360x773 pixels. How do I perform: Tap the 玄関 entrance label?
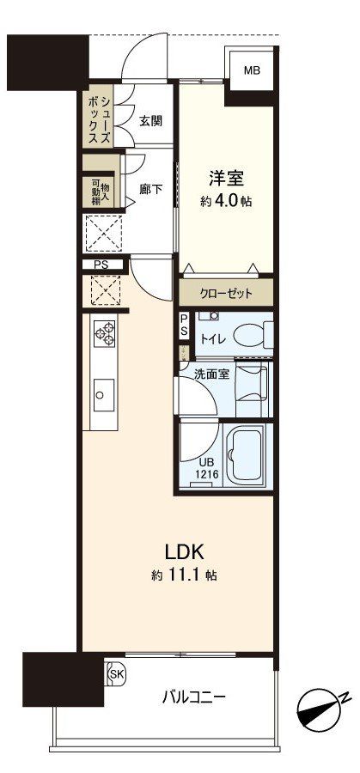(150, 121)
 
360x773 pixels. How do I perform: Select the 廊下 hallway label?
(150, 190)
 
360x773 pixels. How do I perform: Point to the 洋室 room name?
(226, 180)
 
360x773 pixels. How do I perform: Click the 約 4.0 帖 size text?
(226, 203)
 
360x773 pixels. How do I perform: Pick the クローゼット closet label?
(227, 293)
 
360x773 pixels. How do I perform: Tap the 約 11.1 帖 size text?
(180, 575)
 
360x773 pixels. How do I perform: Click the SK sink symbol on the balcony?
(116, 675)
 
